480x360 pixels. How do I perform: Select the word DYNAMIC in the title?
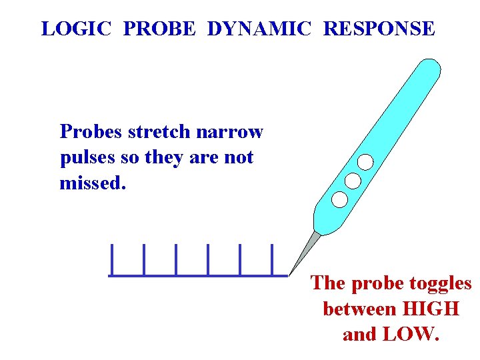259,29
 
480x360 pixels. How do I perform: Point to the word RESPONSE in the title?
379,29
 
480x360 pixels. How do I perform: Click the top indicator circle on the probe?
365,162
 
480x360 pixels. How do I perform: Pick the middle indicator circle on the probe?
353,181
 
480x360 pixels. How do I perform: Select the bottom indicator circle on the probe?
339,199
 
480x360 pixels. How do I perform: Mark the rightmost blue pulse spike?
273,260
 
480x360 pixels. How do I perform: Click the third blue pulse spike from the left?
176,260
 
